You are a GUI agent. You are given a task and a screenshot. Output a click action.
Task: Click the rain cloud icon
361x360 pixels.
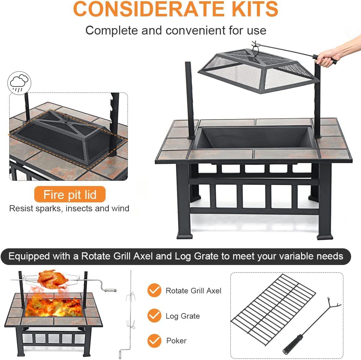click(19, 83)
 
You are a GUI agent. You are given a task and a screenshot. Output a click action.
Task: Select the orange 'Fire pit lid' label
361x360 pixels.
click(70, 195)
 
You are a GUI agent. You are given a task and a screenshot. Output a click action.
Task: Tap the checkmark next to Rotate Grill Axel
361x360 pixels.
click(154, 291)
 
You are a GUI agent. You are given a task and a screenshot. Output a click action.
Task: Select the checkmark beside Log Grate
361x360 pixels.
click(154, 316)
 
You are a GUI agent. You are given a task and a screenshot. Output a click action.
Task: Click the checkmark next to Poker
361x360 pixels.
click(154, 341)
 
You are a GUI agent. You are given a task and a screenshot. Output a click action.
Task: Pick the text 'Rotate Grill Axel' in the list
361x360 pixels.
click(193, 291)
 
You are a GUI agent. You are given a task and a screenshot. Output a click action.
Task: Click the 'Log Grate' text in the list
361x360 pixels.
click(183, 316)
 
